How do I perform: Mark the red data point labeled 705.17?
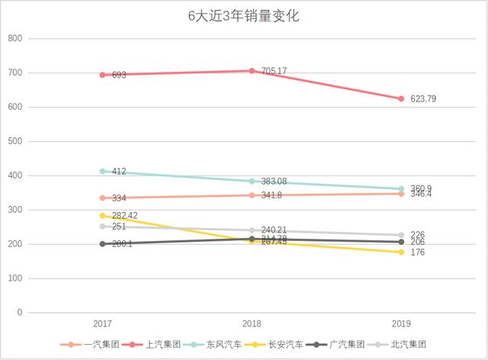(252, 71)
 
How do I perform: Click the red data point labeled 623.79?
(401, 98)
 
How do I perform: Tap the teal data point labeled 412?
(102, 172)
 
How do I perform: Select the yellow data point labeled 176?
(401, 252)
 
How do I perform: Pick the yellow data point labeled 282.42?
(102, 216)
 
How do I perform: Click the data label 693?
(118, 76)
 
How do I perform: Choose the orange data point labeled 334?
(102, 198)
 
